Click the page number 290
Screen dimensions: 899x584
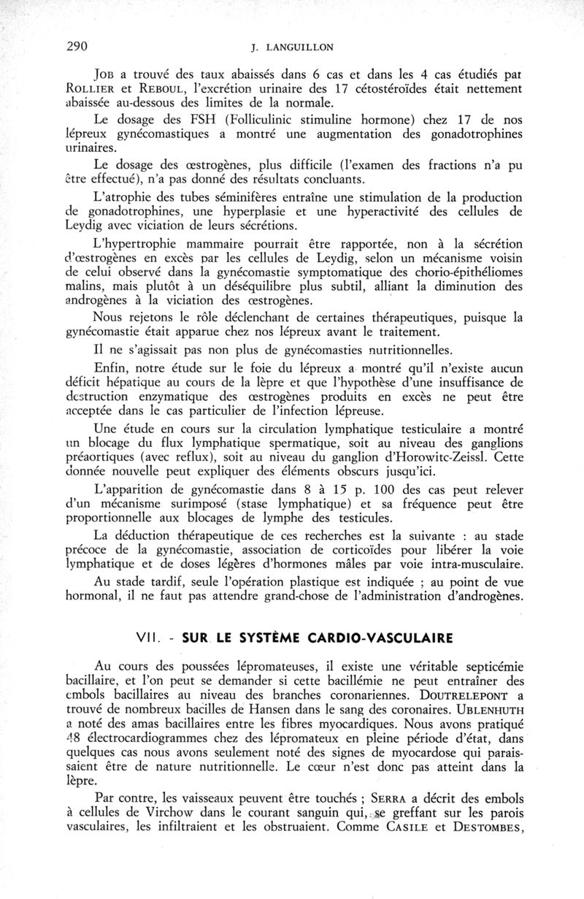(77, 46)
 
